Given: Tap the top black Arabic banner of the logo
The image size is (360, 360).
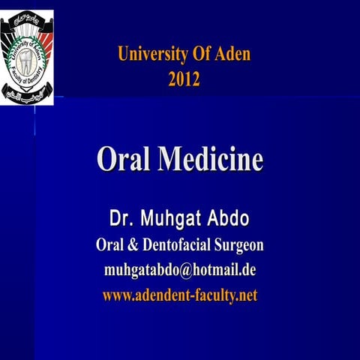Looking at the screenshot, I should pyautogui.click(x=30, y=16).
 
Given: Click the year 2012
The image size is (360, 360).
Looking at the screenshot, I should pyautogui.click(x=184, y=77).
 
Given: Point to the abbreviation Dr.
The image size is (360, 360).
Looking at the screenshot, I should pyautogui.click(x=122, y=220).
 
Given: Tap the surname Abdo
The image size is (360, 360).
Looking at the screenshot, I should pyautogui.click(x=229, y=220).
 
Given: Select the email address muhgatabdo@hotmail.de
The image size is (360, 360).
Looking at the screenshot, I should pyautogui.click(x=180, y=270).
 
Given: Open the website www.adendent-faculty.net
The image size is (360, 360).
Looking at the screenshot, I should pyautogui.click(x=180, y=295).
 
